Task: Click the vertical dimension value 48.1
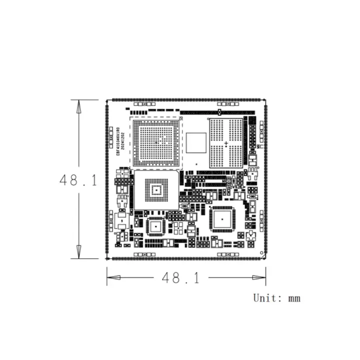pos(78,180)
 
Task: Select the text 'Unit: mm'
pos(276,298)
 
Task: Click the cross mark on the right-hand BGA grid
pos(226,144)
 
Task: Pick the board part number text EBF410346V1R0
pos(118,142)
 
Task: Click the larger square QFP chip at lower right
pos(221,218)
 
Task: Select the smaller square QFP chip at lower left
pos(156,226)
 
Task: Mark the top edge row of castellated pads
pos(186,100)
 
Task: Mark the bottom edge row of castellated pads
pos(186,258)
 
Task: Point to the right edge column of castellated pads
pos(265,180)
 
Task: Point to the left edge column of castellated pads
pos(106,180)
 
